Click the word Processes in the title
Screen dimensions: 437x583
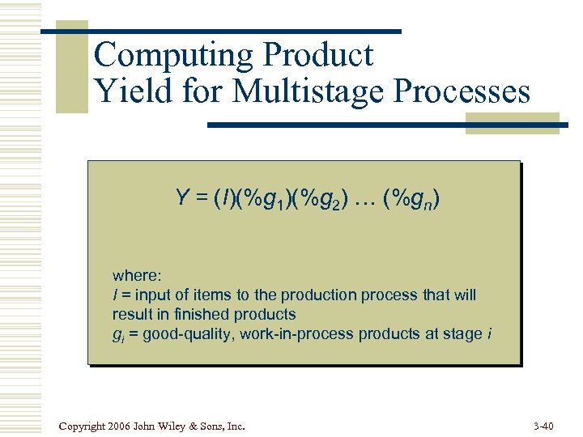(x=462, y=91)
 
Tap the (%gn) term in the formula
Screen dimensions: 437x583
(x=412, y=198)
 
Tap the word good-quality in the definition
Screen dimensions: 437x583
(x=185, y=333)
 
